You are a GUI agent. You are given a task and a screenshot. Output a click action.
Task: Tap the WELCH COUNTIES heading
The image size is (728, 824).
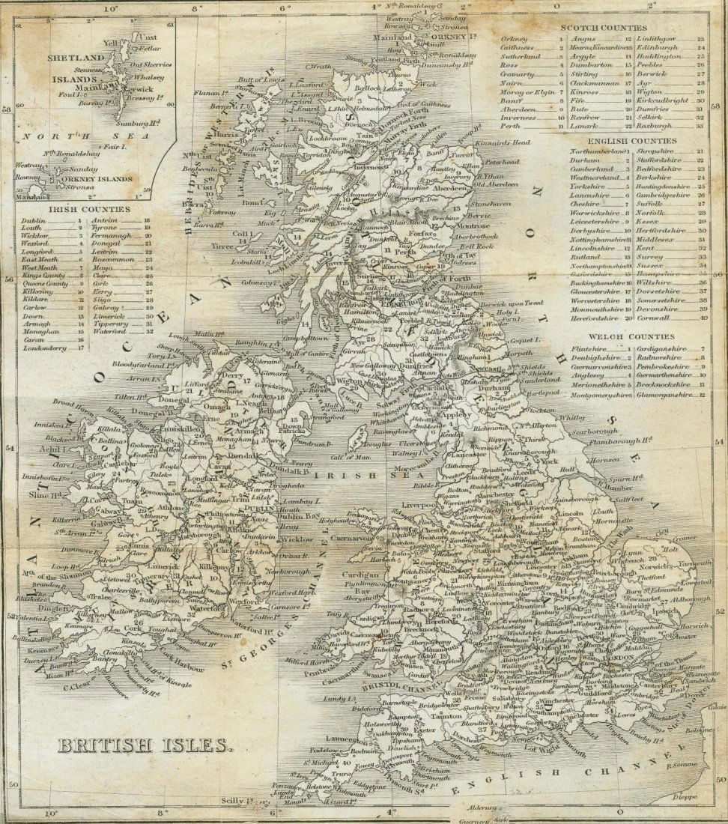[x=622, y=338]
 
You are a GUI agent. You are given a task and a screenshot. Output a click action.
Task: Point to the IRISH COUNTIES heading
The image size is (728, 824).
[x=88, y=209]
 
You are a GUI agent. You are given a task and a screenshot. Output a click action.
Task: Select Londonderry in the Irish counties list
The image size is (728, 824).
[x=46, y=348]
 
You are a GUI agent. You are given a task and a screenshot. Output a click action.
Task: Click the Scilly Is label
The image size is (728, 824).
[x=227, y=801]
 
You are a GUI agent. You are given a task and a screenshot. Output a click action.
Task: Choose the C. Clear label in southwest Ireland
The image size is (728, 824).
[x=77, y=685]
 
